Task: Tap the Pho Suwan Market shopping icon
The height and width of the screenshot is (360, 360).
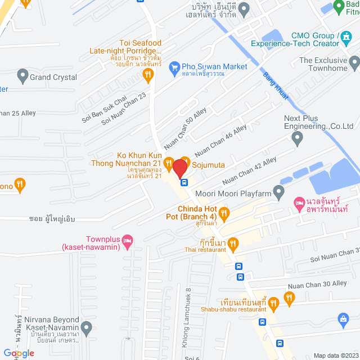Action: pyautogui.click(x=174, y=67)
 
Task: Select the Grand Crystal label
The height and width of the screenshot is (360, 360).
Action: pyautogui.click(x=53, y=77)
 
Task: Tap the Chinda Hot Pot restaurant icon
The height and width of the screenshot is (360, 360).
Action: pyautogui.click(x=224, y=213)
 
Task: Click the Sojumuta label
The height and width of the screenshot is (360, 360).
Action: pyautogui.click(x=209, y=166)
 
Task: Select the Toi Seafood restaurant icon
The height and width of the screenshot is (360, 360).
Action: pyautogui.click(x=148, y=74)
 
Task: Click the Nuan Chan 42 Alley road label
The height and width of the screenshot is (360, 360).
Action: pyautogui.click(x=249, y=171)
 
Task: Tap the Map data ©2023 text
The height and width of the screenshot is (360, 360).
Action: pyautogui.click(x=335, y=355)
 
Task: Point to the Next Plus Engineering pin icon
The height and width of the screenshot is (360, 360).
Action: pyautogui.click(x=297, y=137)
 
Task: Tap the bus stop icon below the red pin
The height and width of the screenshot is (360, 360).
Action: pyautogui.click(x=183, y=182)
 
